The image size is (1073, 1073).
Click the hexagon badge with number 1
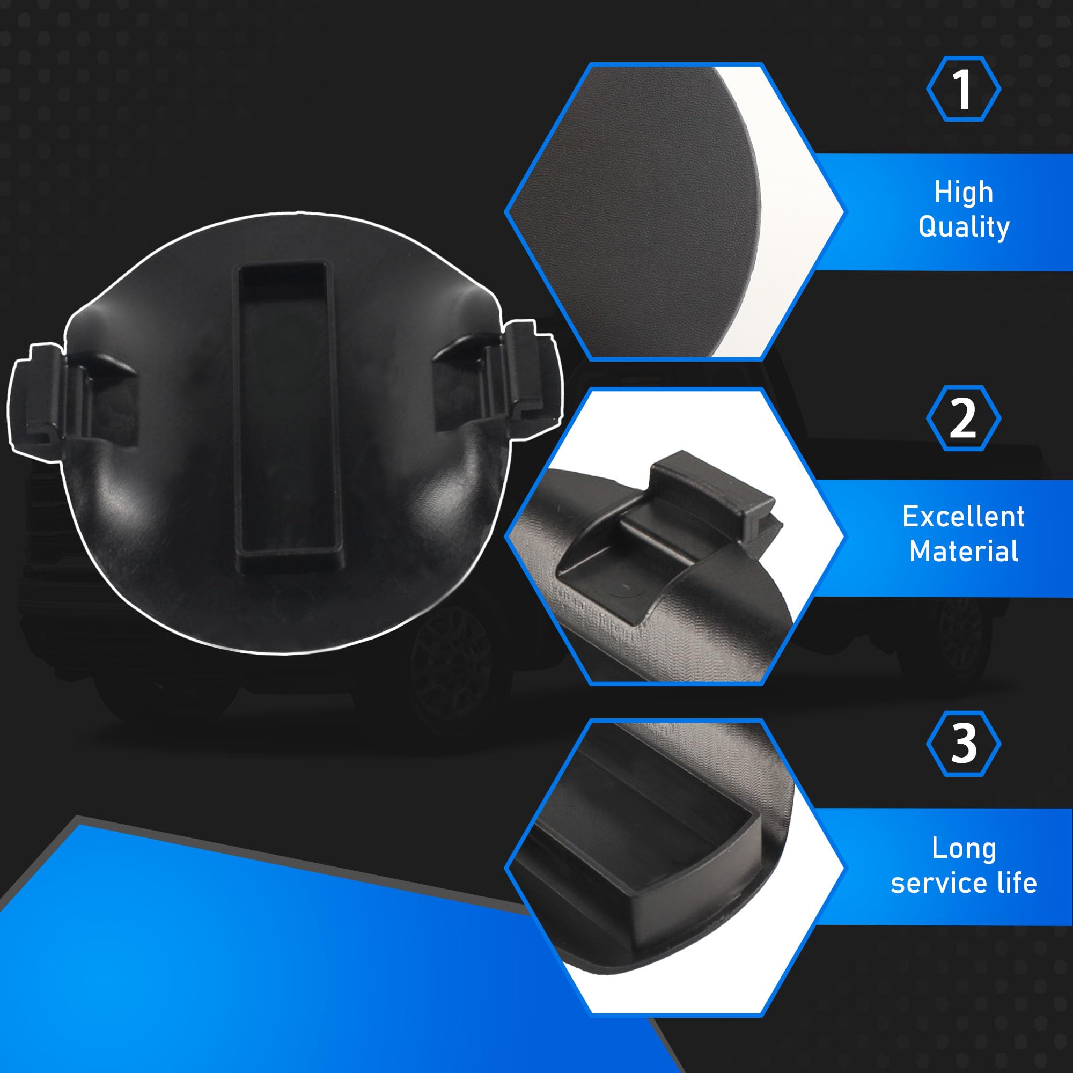[x=964, y=89]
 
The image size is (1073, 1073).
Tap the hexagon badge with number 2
[x=964, y=417]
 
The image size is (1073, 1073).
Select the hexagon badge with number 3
[x=964, y=743]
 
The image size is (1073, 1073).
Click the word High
[x=964, y=192]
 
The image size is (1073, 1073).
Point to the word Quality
[x=964, y=227]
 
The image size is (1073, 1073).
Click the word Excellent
[x=964, y=517]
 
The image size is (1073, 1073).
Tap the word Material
[x=964, y=552]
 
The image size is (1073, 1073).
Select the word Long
[x=964, y=849]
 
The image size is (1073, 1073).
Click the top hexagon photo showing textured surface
[x=674, y=211]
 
